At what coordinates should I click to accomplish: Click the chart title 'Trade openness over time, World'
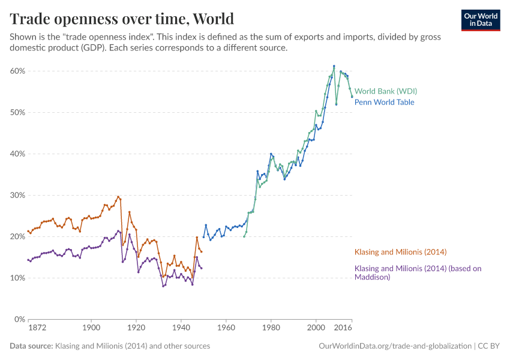122,19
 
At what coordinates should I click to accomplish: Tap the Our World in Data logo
480,20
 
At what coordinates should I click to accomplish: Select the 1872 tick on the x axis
37,329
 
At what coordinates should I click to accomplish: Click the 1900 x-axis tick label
91,329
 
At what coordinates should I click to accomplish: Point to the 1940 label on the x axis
181,329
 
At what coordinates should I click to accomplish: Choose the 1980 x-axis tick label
271,329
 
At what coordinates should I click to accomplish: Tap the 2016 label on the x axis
343,329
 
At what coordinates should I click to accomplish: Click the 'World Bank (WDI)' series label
385,91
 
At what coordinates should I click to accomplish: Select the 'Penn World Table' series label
384,102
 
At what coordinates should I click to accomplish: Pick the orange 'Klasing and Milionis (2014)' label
400,252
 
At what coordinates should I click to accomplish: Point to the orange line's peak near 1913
118,196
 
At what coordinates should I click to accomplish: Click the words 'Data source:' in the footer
31,346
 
